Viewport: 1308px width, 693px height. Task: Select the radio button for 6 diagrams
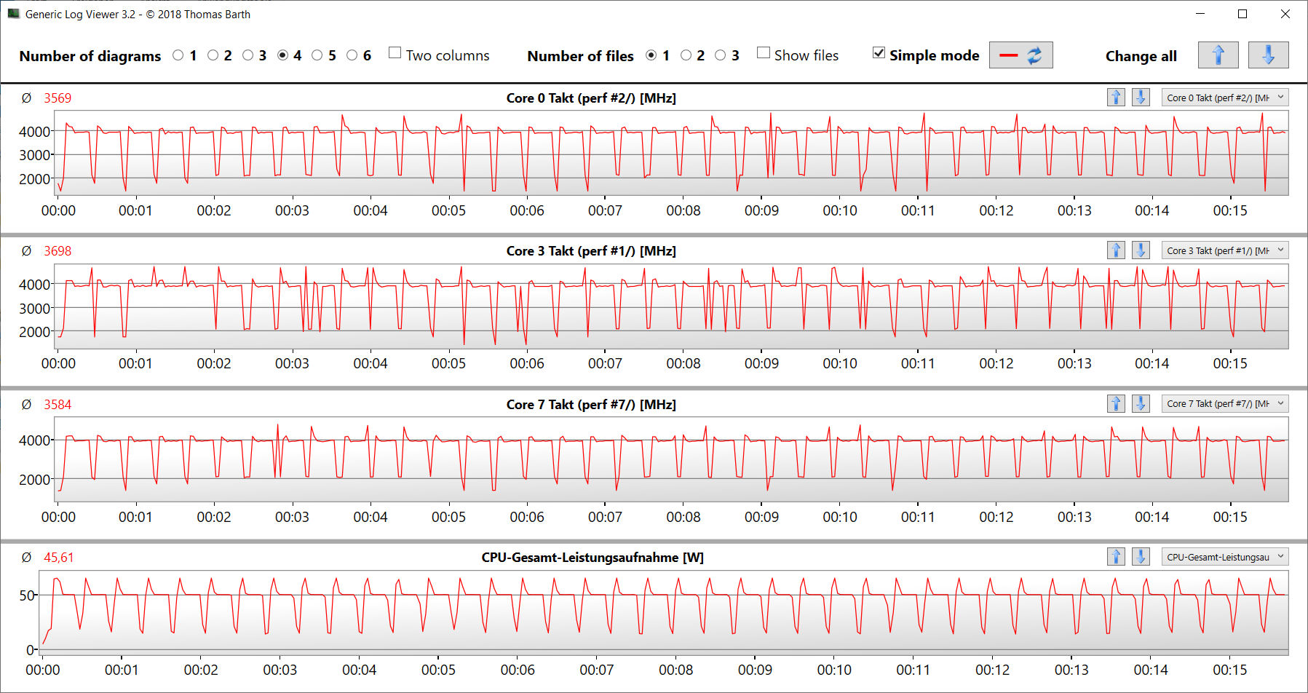352,55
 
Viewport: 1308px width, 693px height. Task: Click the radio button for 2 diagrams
213,55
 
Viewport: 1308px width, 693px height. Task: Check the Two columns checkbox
395,53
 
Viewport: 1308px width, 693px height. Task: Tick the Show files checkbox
764,53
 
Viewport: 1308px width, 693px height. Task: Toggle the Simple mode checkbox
879,53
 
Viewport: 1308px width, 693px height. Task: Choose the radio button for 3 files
721,55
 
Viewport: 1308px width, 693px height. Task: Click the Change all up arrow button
1218,55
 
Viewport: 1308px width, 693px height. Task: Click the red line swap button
1020,55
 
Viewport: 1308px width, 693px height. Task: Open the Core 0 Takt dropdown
1225,98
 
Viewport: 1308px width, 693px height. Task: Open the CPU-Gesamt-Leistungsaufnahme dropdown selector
1225,557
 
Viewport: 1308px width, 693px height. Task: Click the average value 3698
58,251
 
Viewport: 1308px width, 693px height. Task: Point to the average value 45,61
58,558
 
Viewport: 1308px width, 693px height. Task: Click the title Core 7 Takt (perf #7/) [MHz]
591,405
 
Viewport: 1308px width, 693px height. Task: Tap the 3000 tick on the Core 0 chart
34,155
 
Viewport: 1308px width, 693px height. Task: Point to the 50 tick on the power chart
27,595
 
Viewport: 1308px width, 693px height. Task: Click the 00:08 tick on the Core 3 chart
683,363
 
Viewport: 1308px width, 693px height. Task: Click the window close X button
1285,14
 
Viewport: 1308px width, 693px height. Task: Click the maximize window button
1242,14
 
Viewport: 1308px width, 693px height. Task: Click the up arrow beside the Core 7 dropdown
1116,404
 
